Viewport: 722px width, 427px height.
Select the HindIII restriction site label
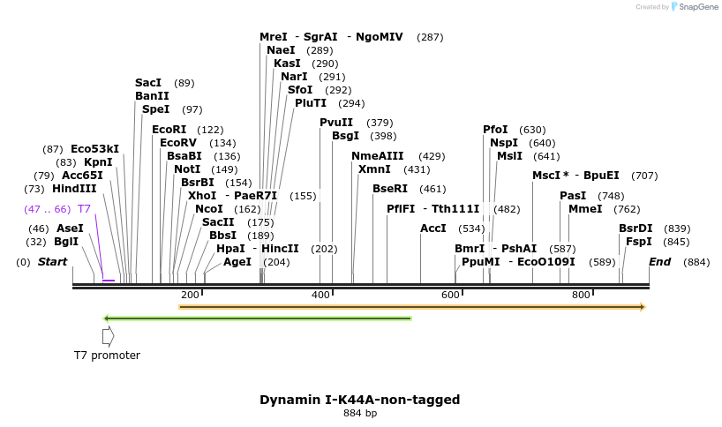[74, 189]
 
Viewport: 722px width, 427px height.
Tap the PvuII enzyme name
[336, 123]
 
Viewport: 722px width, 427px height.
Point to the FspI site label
[638, 242]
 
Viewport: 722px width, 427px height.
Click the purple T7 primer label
[84, 209]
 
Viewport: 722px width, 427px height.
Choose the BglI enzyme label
[66, 242]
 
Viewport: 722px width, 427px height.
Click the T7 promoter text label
[107, 356]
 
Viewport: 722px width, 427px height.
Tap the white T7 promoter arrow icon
[108, 336]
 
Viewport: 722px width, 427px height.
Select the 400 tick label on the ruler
[320, 295]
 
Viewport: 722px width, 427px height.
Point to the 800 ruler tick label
[581, 295]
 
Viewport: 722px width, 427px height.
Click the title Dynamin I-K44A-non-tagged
[359, 400]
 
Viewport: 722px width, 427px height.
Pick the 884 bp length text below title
[359, 414]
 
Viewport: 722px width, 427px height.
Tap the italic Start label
[52, 262]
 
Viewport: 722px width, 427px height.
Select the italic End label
[659, 262]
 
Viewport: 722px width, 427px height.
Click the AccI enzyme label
[433, 228]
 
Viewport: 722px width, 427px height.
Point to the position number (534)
[472, 228]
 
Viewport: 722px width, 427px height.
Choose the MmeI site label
[585, 209]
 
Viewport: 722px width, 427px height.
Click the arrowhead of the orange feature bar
[643, 307]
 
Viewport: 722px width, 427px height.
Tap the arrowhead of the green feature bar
[106, 318]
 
